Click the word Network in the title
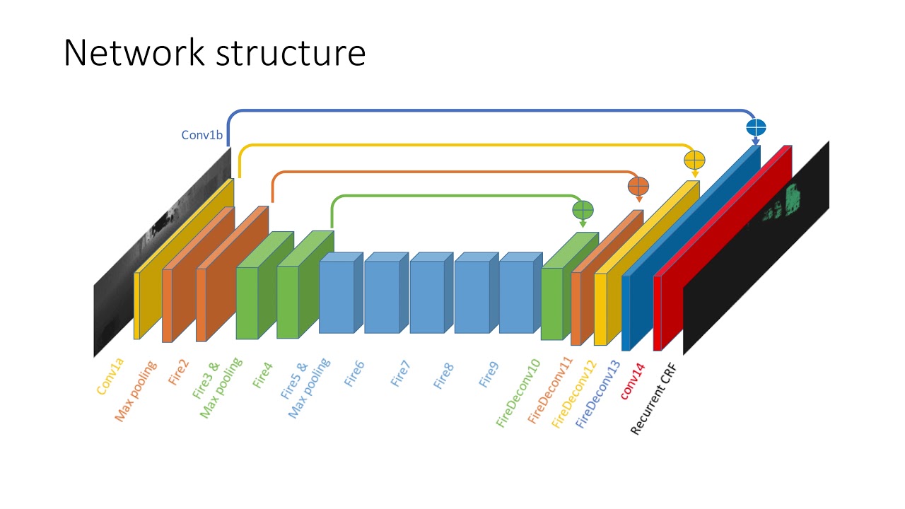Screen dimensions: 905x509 point(134,52)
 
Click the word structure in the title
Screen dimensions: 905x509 point(291,53)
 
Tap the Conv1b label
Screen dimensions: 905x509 point(202,135)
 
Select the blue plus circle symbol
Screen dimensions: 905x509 point(756,127)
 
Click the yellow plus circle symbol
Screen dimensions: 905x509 point(694,160)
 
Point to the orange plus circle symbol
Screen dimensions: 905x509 point(638,186)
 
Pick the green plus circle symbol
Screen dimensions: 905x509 point(583,210)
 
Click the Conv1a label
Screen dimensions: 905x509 point(110,377)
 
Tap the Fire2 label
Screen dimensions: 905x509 point(178,373)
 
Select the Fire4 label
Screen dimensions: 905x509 point(262,375)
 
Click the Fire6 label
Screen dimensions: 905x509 point(354,374)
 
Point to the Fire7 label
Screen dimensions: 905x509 point(400,374)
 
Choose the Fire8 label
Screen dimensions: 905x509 point(443,376)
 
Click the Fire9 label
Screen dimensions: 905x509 point(489,375)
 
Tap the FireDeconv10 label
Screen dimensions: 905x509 point(518,393)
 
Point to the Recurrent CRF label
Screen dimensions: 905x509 point(653,399)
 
